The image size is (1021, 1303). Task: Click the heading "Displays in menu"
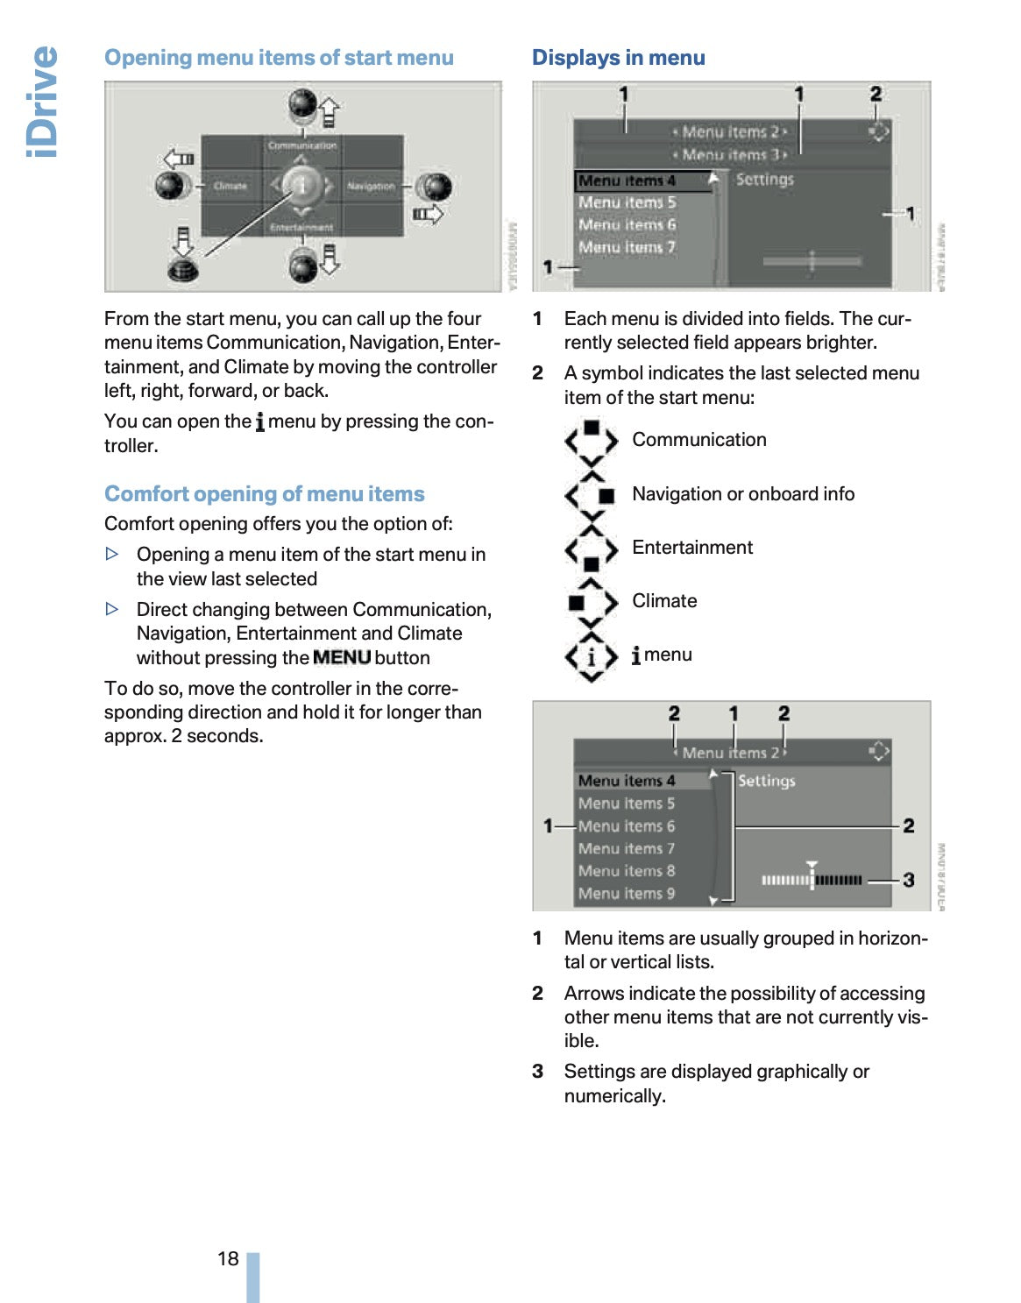pos(618,58)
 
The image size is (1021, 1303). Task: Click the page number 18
pos(228,1258)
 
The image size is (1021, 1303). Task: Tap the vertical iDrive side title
pos(42,102)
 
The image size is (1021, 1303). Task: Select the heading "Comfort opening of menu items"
pos(264,494)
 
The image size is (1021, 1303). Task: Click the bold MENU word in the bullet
pos(342,657)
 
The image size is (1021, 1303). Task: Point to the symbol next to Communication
pos(592,441)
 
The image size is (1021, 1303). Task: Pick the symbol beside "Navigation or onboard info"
pos(592,495)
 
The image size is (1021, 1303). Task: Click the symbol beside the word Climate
pos(592,602)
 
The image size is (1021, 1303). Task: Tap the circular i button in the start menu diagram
pos(301,185)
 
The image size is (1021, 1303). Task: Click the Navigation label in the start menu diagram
pos(370,186)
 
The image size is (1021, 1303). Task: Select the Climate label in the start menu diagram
pos(230,186)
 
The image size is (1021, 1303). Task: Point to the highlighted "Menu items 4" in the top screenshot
pos(627,181)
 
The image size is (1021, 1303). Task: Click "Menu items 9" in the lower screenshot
pos(627,894)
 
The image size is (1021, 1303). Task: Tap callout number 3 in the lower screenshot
pos(909,879)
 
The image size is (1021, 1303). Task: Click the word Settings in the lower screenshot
pos(767,781)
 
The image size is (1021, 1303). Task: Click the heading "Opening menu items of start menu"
pos(279,58)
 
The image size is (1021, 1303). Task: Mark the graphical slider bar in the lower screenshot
pos(812,880)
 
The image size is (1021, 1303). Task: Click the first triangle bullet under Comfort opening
pos(112,554)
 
